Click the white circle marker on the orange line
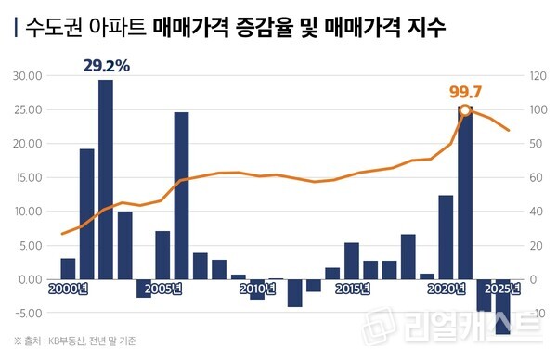click(x=465, y=111)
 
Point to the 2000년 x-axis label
click(x=67, y=289)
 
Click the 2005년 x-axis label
click(x=162, y=289)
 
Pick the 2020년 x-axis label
click(x=447, y=289)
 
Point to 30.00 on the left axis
click(x=28, y=76)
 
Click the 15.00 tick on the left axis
click(x=28, y=177)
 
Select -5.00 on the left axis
click(x=28, y=313)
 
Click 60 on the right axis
click(x=533, y=177)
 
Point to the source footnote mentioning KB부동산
click(x=74, y=341)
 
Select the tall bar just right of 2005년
click(x=181, y=195)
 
